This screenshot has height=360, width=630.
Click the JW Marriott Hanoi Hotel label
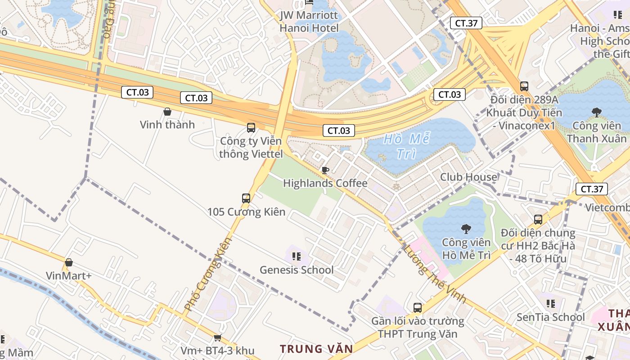(309, 22)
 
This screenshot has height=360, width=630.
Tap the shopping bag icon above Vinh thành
(167, 112)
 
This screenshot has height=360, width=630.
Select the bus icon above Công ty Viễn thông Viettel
(251, 128)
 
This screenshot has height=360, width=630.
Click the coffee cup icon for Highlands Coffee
(325, 170)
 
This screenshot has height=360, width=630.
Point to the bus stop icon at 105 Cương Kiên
(246, 198)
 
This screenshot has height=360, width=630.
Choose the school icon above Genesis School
(296, 256)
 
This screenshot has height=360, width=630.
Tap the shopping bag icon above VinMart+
(69, 262)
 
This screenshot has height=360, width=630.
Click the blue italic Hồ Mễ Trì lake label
(407, 146)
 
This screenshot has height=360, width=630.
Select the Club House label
(468, 177)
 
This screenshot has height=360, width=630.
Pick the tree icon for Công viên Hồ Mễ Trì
(466, 229)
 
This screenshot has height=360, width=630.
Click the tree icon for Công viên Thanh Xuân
(597, 112)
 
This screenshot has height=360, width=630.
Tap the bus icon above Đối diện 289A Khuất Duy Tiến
(524, 86)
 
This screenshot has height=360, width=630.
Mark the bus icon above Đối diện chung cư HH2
(538, 220)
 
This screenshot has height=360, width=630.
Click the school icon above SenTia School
(550, 304)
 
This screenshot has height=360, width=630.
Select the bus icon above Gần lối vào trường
(418, 308)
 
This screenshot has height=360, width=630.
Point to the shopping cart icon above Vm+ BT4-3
(217, 337)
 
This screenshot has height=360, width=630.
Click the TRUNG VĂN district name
(316, 349)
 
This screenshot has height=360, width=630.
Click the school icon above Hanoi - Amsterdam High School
(617, 15)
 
